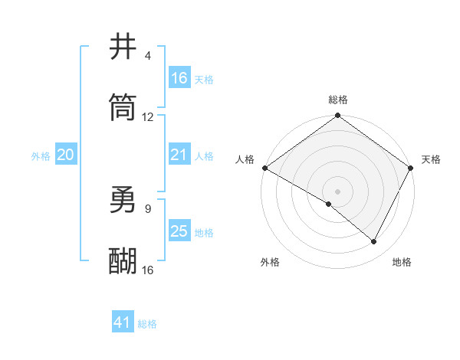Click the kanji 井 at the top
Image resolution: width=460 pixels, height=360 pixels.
tap(123, 47)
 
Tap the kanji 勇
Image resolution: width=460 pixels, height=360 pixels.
tap(123, 201)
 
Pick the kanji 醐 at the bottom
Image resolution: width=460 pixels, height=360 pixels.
tap(123, 260)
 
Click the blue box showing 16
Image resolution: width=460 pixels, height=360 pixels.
tap(179, 77)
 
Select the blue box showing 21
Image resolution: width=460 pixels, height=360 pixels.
tap(179, 155)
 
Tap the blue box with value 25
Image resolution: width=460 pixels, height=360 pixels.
tap(179, 231)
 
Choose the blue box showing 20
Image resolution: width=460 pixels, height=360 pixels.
tap(65, 155)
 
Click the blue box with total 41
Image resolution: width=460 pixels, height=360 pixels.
tap(123, 322)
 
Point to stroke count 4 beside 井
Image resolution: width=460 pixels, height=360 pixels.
tap(148, 56)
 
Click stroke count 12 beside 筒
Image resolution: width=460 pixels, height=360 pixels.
tap(148, 117)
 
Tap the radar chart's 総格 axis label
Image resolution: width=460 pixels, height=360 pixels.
tap(338, 100)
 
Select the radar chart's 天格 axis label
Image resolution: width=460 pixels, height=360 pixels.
tap(431, 159)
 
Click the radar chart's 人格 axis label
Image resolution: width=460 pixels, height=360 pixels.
tap(245, 159)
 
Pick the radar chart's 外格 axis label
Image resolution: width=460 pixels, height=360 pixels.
tap(270, 262)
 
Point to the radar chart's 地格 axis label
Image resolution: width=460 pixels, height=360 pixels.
tap(402, 262)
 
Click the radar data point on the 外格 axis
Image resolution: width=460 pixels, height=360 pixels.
tap(329, 204)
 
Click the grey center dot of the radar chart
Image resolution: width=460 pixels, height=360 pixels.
tap(338, 191)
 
